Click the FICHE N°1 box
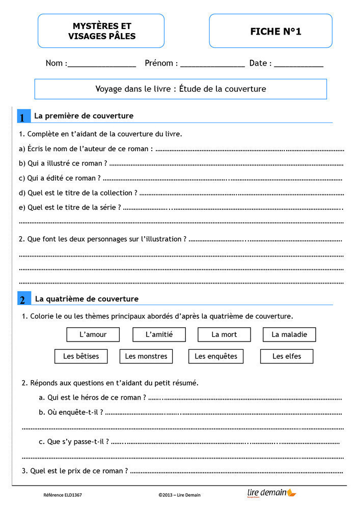click(270, 31)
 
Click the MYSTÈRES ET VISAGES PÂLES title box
click(101, 31)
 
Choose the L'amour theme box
click(93, 334)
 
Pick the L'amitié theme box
click(159, 334)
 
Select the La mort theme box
click(224, 334)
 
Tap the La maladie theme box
click(289, 334)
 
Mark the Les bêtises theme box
click(81, 356)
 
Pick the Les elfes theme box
click(287, 356)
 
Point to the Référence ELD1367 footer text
click(63, 495)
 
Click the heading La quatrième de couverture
click(87, 299)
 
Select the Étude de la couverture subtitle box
click(180, 89)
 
